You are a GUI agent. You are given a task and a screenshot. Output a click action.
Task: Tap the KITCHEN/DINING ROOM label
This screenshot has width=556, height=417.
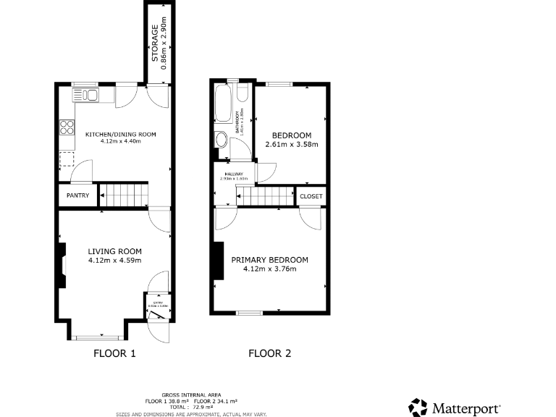[x=120, y=135]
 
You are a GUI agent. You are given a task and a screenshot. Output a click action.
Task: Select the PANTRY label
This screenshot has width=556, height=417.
[x=77, y=195]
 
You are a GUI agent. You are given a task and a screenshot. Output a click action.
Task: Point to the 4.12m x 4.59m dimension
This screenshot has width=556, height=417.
[x=114, y=261]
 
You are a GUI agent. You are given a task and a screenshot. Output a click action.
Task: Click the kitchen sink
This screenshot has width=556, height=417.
[x=85, y=95]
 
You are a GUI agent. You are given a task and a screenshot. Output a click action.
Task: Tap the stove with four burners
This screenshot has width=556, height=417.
[x=67, y=127]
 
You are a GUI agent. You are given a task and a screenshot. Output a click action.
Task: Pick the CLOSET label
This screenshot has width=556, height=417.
[x=311, y=196]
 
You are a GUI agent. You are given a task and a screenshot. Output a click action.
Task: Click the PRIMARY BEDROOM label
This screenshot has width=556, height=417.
[x=269, y=260]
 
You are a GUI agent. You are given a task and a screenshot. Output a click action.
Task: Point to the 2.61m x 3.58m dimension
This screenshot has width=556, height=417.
[x=291, y=145]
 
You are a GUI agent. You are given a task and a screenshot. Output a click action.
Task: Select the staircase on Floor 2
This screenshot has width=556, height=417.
[x=266, y=195]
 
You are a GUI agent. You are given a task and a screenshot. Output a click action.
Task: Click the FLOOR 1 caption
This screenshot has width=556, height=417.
[x=114, y=354]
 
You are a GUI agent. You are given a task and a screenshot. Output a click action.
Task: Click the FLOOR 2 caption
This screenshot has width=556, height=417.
[x=269, y=354]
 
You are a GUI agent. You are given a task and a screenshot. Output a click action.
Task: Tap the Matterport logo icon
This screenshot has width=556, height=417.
[x=418, y=408]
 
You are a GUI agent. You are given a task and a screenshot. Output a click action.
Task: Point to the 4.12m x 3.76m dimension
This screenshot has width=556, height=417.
[x=269, y=269]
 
